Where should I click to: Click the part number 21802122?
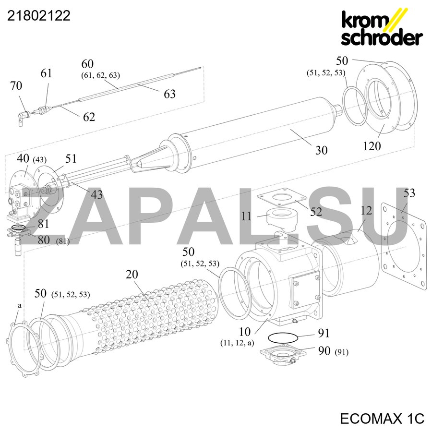(38, 16)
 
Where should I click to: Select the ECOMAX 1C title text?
(382, 419)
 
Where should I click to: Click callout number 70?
(16, 86)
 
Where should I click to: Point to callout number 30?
(321, 150)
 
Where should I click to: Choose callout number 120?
(372, 146)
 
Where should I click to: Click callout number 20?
(132, 275)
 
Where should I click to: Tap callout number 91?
(324, 333)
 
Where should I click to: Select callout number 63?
(169, 94)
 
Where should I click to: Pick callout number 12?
(366, 211)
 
